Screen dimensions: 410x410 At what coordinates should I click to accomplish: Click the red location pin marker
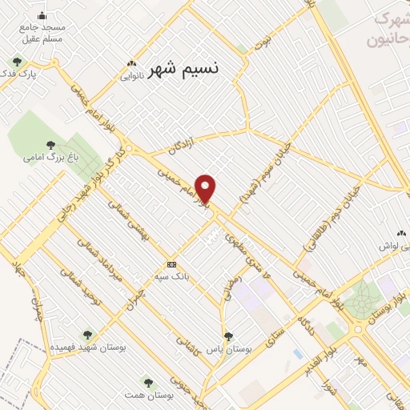(x=207, y=189)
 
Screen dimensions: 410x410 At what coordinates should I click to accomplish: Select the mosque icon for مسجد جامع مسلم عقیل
(x=41, y=16)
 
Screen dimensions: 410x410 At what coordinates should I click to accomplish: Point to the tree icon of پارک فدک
(x=16, y=62)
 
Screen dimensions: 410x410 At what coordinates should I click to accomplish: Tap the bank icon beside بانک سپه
(x=171, y=264)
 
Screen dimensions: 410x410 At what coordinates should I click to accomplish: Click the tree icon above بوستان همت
(x=147, y=381)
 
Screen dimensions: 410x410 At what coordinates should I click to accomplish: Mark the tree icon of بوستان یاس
(x=228, y=337)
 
